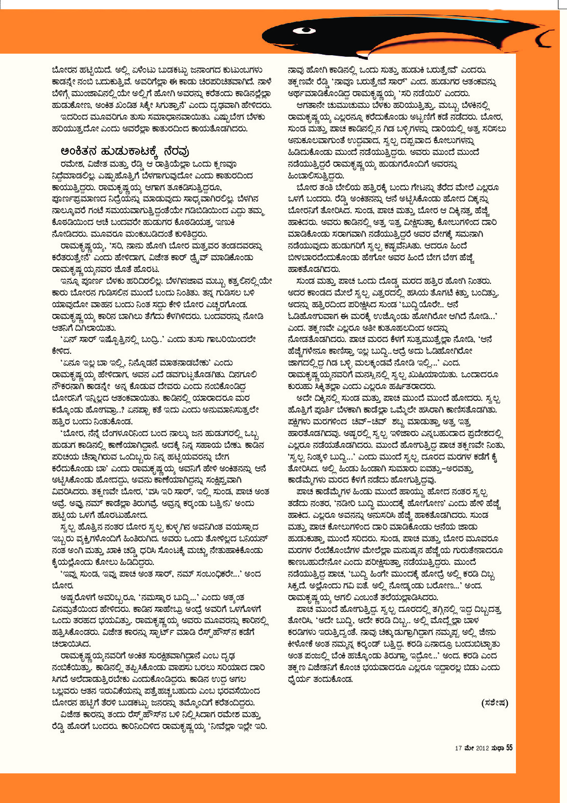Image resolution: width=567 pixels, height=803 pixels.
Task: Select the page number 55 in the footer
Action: click(x=509, y=748)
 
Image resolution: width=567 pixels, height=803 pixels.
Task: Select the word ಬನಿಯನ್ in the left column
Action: click(x=254, y=539)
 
